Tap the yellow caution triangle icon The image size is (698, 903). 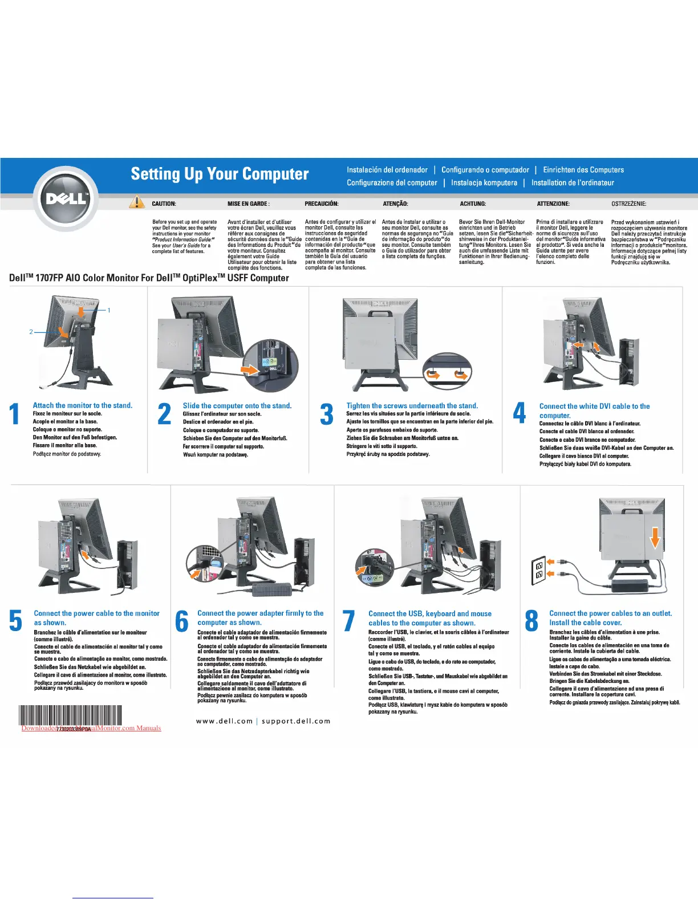[137, 202]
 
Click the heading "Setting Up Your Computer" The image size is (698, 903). [220, 174]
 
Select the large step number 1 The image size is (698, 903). [15, 414]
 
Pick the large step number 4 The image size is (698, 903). [520, 413]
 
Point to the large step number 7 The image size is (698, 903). [348, 621]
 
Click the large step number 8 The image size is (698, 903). [531, 621]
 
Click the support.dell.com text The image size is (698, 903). [296, 721]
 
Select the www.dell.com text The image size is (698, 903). [224, 721]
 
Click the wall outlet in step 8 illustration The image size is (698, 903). [539, 570]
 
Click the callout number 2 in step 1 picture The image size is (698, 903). [31, 331]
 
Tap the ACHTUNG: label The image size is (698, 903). [473, 204]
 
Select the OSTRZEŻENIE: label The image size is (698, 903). [628, 204]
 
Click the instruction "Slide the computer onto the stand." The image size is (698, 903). [237, 406]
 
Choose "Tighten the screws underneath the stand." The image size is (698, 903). [412, 406]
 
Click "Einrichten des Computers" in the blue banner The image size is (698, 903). [583, 170]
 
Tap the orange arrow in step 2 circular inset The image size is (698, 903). [249, 369]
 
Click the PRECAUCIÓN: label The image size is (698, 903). [322, 204]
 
